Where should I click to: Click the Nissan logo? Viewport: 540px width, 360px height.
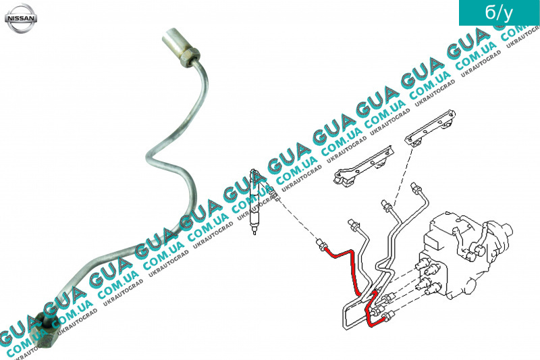[x=21, y=18]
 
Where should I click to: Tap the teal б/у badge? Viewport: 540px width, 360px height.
[x=499, y=13]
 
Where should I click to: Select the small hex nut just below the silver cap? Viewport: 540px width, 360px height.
[x=189, y=58]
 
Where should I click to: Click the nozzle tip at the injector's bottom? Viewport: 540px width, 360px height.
[x=254, y=232]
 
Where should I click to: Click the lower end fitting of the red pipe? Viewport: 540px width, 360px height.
[x=389, y=315]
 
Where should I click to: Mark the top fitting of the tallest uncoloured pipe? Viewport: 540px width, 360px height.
[x=416, y=189]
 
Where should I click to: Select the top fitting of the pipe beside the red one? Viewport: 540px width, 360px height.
[x=353, y=224]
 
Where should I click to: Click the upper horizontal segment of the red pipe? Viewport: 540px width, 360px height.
[x=340, y=253]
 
